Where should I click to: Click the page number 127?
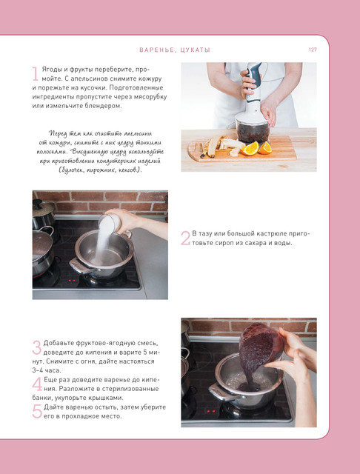[x=313, y=50]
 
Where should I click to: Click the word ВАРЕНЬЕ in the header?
[x=156, y=50]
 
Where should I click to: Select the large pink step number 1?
[x=36, y=74]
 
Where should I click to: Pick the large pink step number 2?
[x=185, y=238]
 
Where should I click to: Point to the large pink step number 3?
[x=36, y=347]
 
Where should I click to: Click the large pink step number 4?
[x=37, y=384]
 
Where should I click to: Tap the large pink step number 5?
[x=37, y=412]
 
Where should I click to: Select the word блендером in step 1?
[x=107, y=106]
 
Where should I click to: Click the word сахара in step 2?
[x=250, y=243]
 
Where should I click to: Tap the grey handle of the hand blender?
[x=253, y=77]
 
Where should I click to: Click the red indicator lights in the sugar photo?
[x=72, y=281]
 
